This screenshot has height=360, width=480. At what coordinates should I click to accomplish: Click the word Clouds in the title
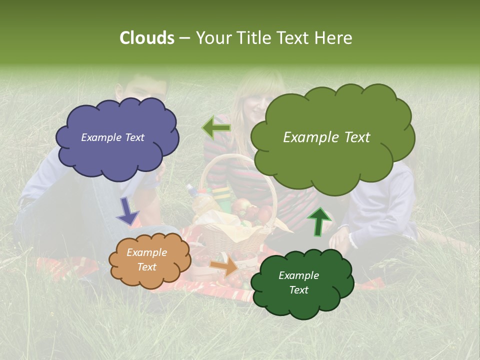[x=146, y=38]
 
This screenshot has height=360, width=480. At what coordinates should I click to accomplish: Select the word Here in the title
[x=334, y=38]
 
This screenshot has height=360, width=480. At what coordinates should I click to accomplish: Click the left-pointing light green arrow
[x=216, y=127]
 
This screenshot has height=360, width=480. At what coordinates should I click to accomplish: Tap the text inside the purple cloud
[x=112, y=137]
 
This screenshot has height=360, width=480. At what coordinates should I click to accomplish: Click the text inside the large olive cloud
[x=326, y=137]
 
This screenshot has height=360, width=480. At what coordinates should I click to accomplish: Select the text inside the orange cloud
[x=146, y=260]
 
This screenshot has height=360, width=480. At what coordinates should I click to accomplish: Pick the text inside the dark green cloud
[x=298, y=282]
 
